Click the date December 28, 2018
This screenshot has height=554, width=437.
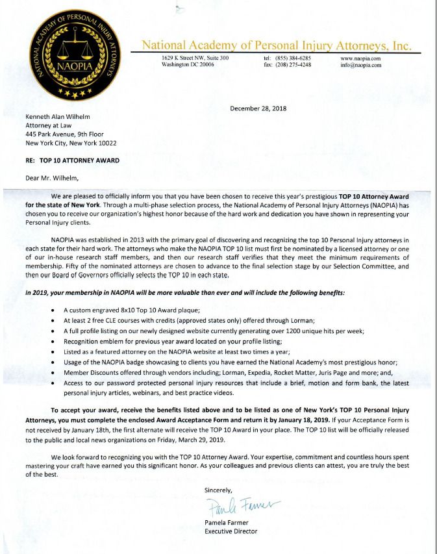click(x=258, y=108)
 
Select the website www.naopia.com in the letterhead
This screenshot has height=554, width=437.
click(x=360, y=58)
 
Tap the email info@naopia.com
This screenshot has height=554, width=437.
click(x=360, y=65)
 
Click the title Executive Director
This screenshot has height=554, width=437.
click(x=231, y=531)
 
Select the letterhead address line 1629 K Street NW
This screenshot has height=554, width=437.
click(x=195, y=58)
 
